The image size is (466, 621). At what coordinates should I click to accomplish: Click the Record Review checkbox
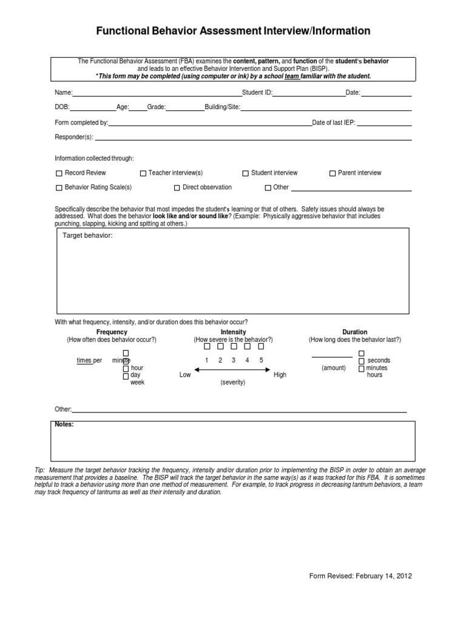(x=59, y=173)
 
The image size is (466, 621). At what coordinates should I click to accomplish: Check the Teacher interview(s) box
(x=143, y=173)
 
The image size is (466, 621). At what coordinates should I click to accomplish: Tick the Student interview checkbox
(x=246, y=173)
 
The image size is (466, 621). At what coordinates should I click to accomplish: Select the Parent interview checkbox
(x=333, y=173)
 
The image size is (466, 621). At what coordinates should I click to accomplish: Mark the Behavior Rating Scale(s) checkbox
(x=59, y=188)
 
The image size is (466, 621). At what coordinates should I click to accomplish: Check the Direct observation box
(x=177, y=188)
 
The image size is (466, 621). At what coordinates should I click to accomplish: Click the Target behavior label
(x=88, y=235)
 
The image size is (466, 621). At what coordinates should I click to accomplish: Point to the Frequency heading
(x=112, y=332)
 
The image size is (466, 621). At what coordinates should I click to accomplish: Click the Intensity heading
(x=233, y=332)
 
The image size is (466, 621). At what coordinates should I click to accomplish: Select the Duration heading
(x=354, y=332)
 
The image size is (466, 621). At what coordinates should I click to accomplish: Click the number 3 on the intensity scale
(x=234, y=360)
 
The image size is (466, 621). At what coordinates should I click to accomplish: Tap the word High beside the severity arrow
(x=280, y=375)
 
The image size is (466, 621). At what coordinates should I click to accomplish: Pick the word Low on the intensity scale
(x=185, y=375)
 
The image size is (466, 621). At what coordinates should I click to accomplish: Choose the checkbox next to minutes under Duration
(x=362, y=368)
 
